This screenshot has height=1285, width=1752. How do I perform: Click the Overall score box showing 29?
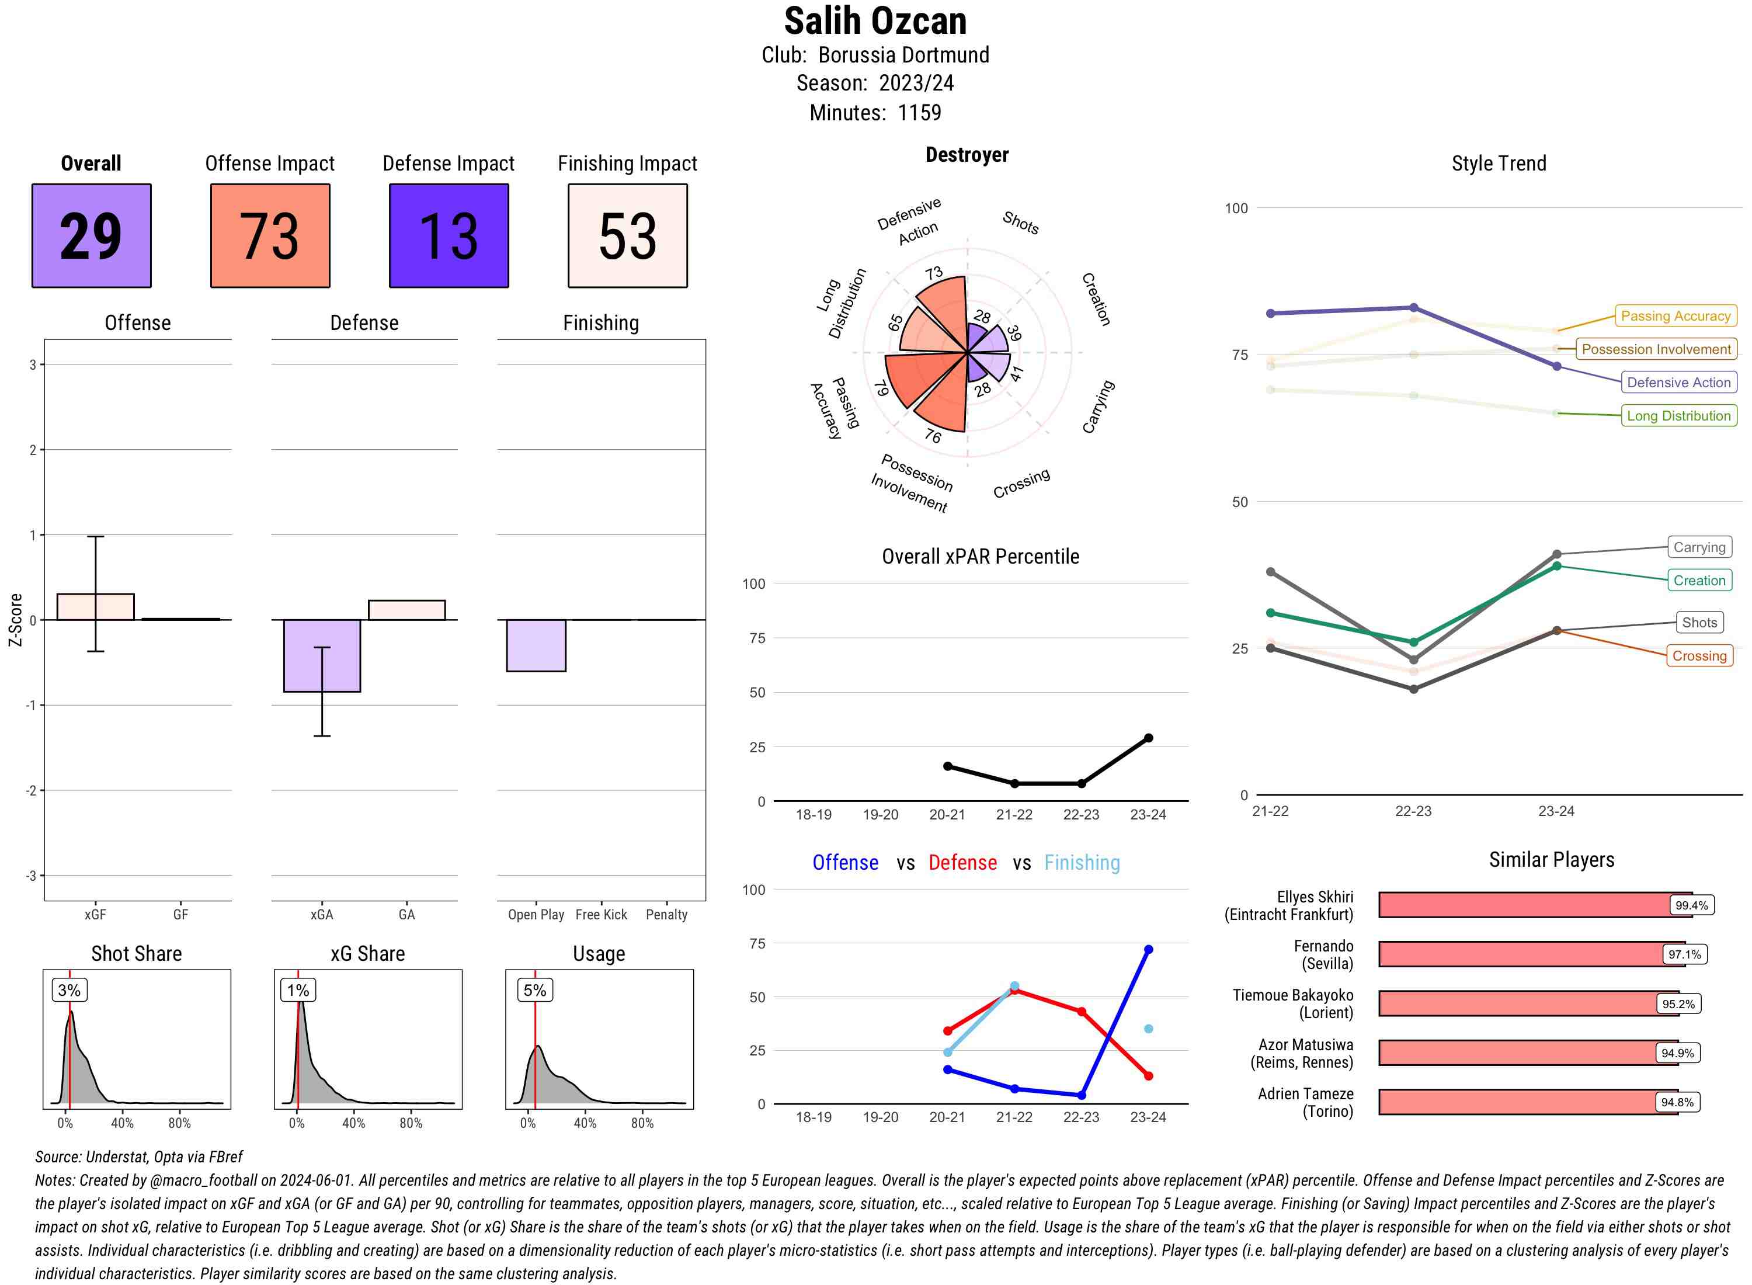click(91, 236)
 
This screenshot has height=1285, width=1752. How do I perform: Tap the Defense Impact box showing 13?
click(449, 236)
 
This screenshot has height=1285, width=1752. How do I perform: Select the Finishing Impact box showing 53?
click(628, 236)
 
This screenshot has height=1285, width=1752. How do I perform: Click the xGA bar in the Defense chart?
click(322, 656)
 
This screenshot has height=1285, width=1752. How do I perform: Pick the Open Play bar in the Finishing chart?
click(536, 645)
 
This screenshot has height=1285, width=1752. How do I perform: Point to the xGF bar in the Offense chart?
click(96, 607)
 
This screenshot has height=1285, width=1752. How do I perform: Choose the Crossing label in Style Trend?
click(1698, 656)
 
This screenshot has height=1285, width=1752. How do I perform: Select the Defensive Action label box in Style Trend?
click(1678, 383)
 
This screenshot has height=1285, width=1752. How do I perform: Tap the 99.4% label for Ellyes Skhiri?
click(1691, 905)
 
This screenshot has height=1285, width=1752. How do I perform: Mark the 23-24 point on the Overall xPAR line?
click(1148, 738)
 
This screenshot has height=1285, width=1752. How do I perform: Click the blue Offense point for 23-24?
click(1148, 950)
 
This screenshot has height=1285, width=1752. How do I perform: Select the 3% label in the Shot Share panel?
click(69, 990)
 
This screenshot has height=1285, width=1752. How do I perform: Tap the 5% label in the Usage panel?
click(534, 990)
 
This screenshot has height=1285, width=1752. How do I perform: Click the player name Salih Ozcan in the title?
click(875, 21)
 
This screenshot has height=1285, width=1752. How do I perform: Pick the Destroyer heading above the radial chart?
click(967, 155)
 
